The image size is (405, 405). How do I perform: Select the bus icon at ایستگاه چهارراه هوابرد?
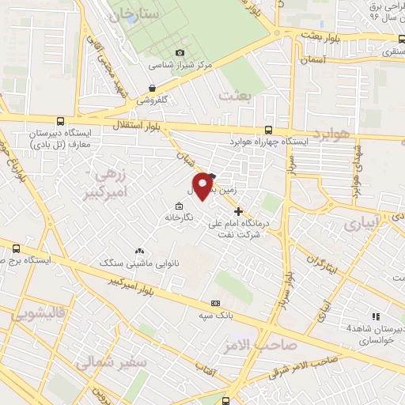click(x=269, y=130)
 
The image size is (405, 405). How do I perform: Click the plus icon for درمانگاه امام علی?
click(x=238, y=210)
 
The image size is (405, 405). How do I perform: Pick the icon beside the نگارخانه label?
click(x=180, y=207)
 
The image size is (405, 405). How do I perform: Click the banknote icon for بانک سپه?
click(x=215, y=303)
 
